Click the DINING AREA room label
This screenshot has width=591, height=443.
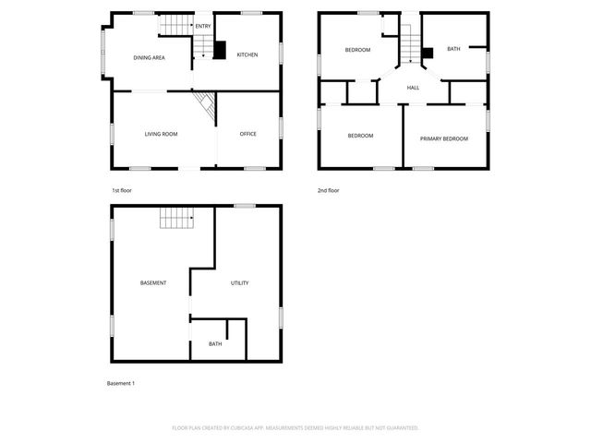(x=149, y=57)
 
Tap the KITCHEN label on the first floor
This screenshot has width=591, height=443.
(x=247, y=55)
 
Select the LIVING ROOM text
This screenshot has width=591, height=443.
(x=161, y=135)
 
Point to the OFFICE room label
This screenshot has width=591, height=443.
(x=247, y=135)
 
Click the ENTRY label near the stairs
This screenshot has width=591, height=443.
(x=202, y=26)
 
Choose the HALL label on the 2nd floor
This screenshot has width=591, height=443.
(x=413, y=88)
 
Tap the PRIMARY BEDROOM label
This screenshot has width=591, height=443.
(x=443, y=138)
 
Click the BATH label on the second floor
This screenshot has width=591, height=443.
(x=452, y=49)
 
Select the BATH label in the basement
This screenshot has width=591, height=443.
(x=215, y=344)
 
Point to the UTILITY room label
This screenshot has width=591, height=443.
(x=239, y=282)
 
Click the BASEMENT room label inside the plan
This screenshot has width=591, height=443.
(x=153, y=282)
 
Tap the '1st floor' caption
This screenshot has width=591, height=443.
(x=122, y=190)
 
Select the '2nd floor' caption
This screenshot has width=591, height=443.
(x=328, y=190)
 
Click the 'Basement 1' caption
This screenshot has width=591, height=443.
(x=121, y=383)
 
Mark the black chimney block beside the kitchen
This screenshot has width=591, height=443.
(x=220, y=51)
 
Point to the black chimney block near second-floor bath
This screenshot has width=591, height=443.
(x=428, y=53)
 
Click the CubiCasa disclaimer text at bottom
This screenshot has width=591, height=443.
(x=295, y=428)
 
